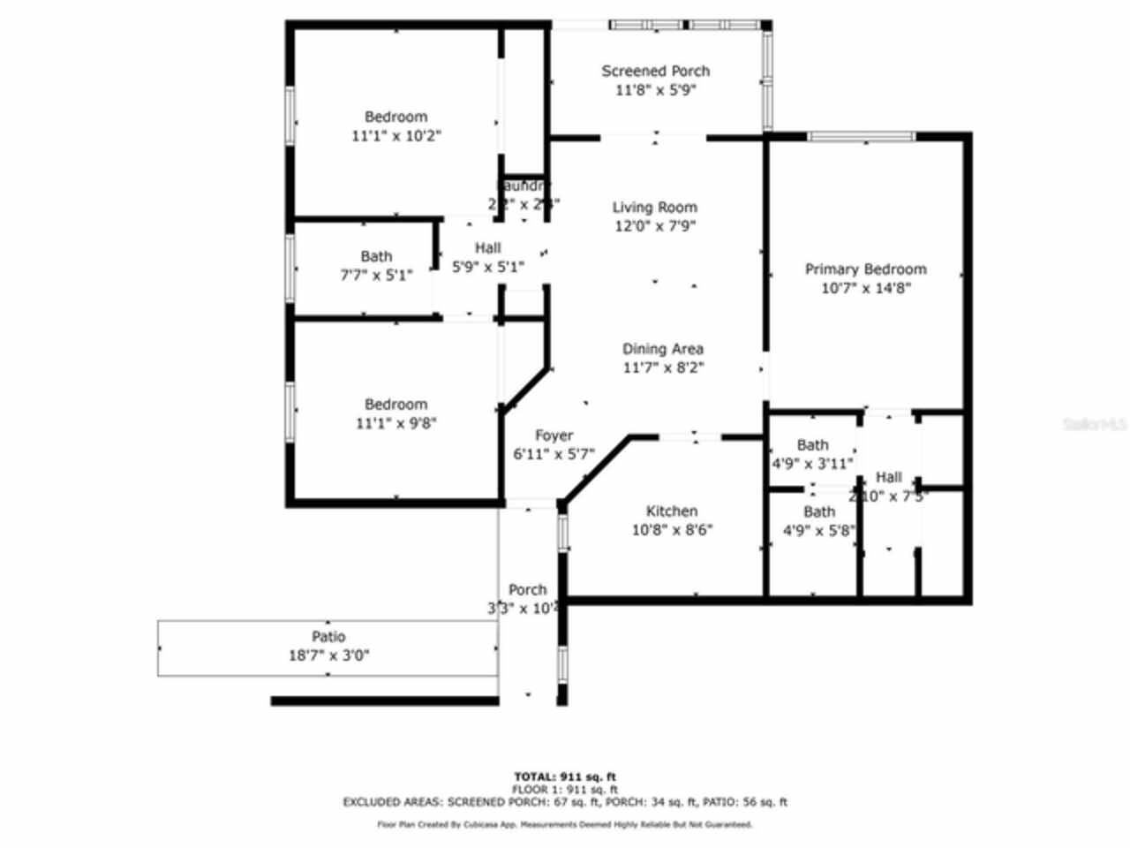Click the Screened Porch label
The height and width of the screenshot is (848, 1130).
click(655, 71)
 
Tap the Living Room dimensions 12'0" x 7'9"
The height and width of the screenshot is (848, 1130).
click(655, 226)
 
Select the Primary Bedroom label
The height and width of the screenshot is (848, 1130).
click(865, 269)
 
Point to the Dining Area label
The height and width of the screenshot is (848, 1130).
click(663, 349)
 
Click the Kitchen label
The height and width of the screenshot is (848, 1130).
click(672, 511)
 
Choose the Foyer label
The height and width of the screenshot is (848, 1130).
click(554, 435)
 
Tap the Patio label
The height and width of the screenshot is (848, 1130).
click(328, 637)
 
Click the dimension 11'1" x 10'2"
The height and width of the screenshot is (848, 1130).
click(395, 136)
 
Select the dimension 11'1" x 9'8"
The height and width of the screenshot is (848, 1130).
click(395, 423)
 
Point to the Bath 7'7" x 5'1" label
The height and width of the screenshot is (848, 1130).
click(376, 256)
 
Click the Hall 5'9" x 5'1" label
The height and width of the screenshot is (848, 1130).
click(488, 248)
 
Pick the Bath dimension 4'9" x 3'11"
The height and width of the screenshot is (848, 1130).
click(812, 463)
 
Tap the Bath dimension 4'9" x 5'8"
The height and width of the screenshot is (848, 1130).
click(818, 531)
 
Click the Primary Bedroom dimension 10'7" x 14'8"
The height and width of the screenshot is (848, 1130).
click(865, 288)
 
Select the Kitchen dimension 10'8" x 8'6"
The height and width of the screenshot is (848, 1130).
click(672, 530)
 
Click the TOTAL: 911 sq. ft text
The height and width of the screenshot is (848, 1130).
click(565, 777)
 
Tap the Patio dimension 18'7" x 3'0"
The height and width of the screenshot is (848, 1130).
click(328, 655)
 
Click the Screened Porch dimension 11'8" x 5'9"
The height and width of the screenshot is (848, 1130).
click(655, 90)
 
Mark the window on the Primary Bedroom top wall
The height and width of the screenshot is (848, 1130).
click(863, 137)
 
